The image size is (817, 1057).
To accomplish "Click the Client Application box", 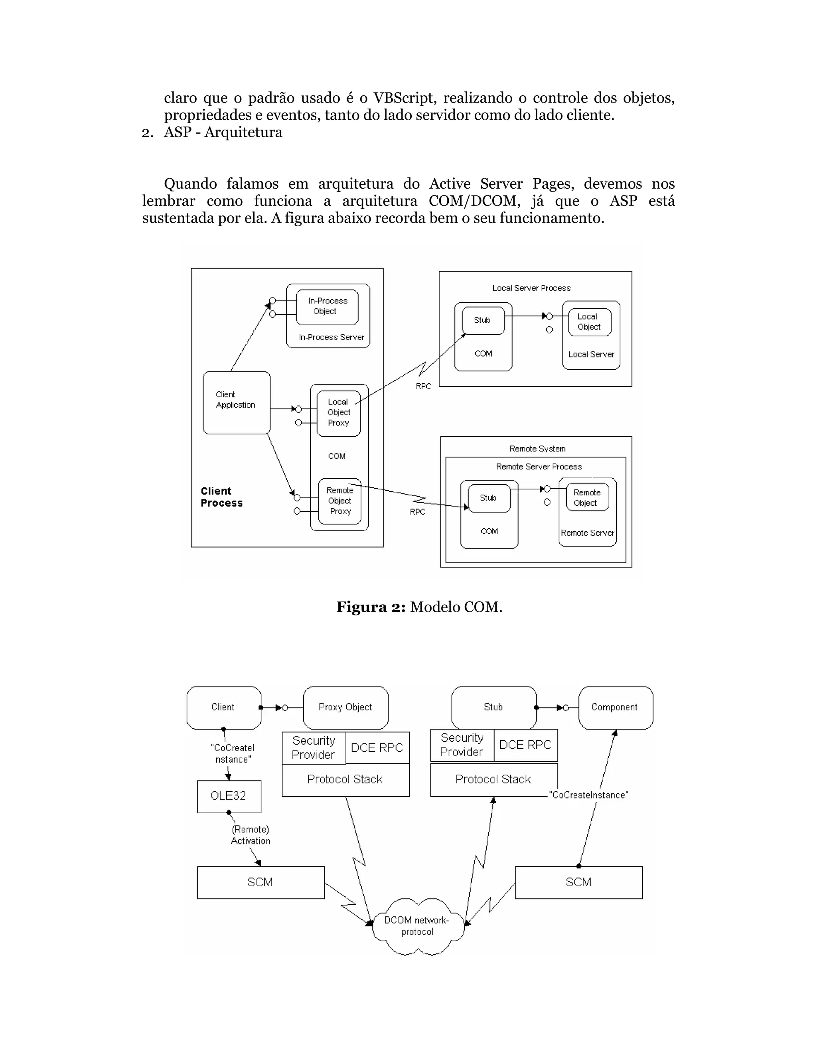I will point(236,403).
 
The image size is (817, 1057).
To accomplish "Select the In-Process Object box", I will point(327,307).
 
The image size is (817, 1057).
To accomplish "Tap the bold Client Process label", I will point(221,497).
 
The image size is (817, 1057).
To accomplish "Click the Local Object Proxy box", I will point(338,413).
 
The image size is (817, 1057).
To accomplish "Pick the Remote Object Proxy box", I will point(340,501).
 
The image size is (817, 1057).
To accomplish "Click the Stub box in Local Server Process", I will point(483,320).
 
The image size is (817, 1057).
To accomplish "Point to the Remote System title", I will point(537,449).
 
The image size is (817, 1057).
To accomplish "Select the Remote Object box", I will point(586,497).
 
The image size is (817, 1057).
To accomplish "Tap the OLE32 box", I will point(229,796).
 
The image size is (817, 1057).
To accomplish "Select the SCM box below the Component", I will point(578,882).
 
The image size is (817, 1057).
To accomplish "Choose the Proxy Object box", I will point(345,707).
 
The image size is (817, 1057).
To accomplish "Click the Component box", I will point(615,707).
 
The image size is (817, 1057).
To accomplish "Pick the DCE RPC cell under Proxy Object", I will point(377,748).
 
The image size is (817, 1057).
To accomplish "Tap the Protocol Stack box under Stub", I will point(493,779).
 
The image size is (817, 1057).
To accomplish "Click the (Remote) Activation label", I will point(250,835).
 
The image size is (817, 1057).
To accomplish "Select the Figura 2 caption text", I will point(419,607).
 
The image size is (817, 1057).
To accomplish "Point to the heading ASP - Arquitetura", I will point(223,132).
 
